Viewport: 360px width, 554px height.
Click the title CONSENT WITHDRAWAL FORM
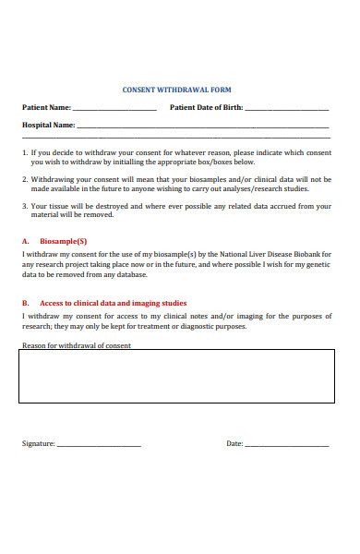click(x=177, y=90)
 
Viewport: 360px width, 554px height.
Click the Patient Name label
click(x=46, y=107)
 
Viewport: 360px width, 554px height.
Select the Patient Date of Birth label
click(x=207, y=107)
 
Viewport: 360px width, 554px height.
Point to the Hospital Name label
click(x=48, y=125)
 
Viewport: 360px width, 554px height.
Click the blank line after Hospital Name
click(x=202, y=126)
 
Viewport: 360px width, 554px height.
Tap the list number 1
click(x=24, y=152)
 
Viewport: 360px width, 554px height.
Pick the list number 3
click(x=24, y=207)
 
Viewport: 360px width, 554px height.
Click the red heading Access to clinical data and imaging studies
click(x=114, y=303)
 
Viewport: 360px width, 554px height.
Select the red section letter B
click(x=24, y=303)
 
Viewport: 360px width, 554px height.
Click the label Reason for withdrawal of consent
click(x=77, y=346)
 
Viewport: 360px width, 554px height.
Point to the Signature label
click(x=39, y=443)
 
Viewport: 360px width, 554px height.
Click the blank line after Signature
click(x=99, y=445)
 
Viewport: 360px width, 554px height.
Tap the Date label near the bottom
click(x=234, y=443)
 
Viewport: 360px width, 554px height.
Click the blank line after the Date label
click(x=286, y=445)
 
